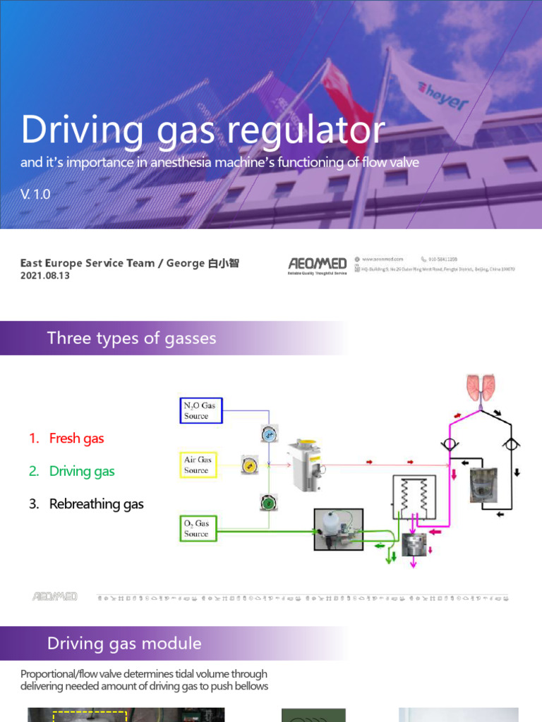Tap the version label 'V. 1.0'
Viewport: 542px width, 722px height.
point(35,194)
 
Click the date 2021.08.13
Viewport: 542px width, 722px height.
point(45,276)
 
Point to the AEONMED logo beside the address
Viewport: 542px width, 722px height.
point(317,264)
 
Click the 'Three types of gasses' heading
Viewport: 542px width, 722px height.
point(131,338)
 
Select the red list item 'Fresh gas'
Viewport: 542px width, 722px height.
point(76,439)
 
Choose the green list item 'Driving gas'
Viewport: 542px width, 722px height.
point(82,472)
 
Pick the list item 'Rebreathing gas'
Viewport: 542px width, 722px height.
point(96,504)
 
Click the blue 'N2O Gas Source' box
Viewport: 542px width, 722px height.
point(200,410)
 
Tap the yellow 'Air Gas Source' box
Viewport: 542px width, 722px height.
point(197,465)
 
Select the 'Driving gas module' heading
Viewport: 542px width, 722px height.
point(124,643)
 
